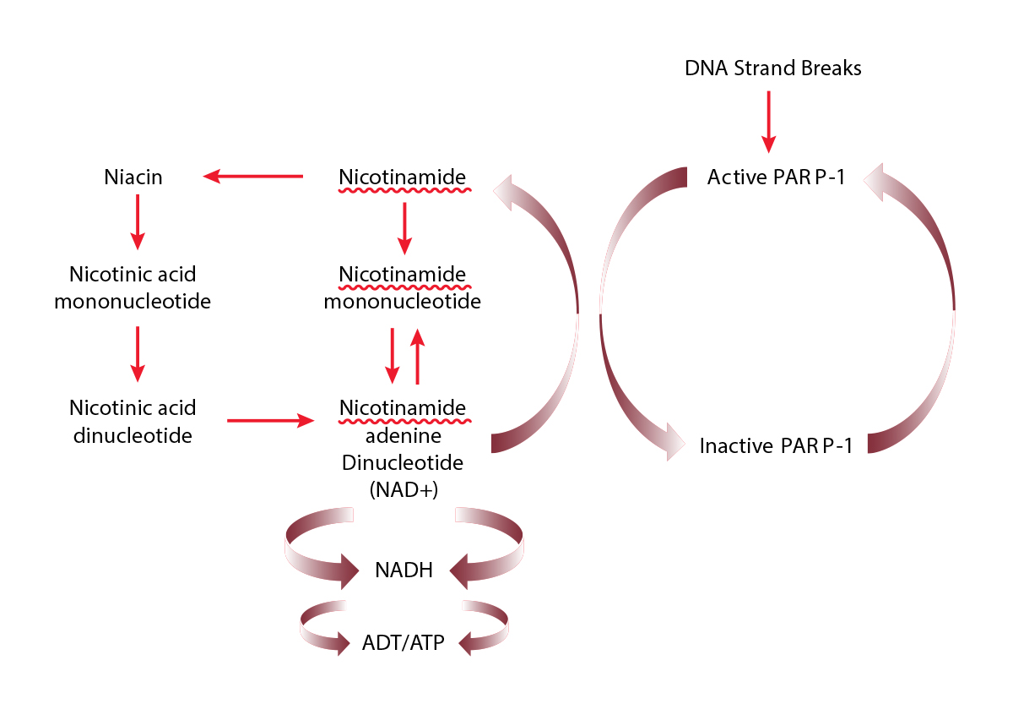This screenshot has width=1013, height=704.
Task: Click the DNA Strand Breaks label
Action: tap(772, 68)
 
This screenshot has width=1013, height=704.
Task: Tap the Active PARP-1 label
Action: tap(776, 177)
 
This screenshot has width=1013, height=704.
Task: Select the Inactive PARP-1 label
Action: tap(776, 445)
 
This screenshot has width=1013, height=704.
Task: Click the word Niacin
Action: tap(133, 177)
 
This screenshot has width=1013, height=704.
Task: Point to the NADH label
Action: tap(404, 571)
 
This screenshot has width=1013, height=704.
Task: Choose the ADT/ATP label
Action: tap(404, 643)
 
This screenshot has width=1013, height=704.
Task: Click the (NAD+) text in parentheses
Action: tap(403, 488)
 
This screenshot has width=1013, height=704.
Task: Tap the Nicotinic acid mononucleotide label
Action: tap(133, 287)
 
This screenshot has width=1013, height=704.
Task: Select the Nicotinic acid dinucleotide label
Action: tap(133, 422)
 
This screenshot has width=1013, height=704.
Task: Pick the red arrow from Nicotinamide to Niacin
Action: tap(254, 177)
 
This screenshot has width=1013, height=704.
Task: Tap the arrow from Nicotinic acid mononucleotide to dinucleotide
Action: tap(137, 354)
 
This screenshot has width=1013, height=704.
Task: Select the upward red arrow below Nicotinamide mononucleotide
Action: tap(416, 356)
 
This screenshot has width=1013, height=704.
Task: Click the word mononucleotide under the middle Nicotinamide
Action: tap(403, 301)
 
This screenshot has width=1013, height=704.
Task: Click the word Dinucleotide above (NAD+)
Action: tap(403, 463)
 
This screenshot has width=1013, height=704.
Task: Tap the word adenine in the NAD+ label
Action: tap(403, 436)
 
